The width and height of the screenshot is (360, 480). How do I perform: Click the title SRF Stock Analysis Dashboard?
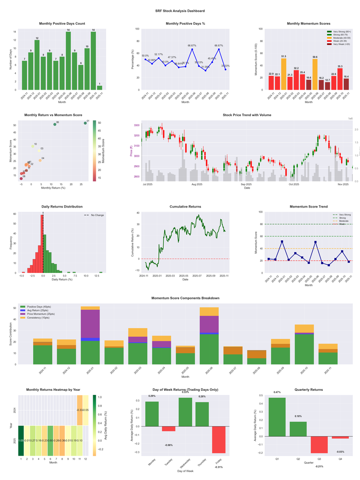[180, 11]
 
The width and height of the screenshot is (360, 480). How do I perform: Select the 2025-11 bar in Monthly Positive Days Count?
[99, 87]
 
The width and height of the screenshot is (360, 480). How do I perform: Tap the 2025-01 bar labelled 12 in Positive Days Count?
[37, 65]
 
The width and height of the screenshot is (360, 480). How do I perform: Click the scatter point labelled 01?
[85, 123]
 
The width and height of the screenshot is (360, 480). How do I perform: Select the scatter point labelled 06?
[55, 124]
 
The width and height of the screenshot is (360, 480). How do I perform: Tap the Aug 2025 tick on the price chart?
[197, 184]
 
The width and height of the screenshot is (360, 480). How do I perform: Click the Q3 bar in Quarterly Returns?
[319, 444]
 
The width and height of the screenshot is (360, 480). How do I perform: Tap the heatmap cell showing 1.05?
[21, 440]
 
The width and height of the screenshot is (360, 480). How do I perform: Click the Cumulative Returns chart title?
[185, 206]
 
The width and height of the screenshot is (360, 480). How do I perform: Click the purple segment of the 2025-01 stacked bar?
[90, 323]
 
